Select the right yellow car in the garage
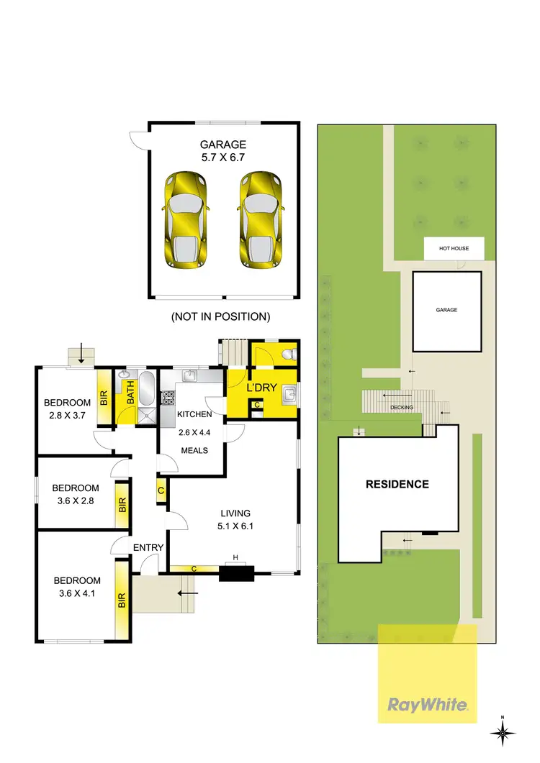coord(260,220)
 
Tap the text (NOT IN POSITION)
coord(220,316)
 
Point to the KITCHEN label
coord(194,414)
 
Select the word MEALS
coord(194,450)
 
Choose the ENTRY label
coord(148,547)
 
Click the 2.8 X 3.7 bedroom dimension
coord(67,416)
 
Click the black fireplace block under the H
coord(236,573)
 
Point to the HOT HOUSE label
coord(454,249)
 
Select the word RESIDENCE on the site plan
coord(397,484)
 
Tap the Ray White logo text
coord(428,705)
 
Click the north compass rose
coord(503,732)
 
